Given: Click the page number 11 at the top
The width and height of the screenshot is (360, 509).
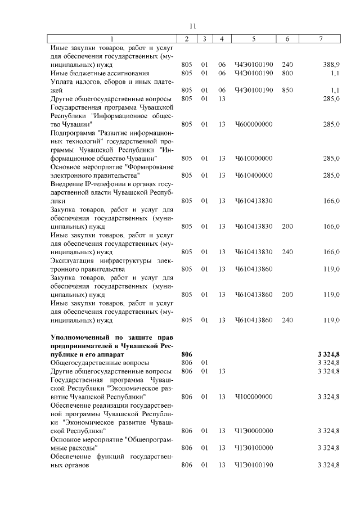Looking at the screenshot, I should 192,26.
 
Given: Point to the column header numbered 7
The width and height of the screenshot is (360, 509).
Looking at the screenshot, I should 321,39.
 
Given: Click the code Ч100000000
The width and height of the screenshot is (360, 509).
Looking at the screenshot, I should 254,397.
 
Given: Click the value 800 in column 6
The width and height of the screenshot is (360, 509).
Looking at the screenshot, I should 287,73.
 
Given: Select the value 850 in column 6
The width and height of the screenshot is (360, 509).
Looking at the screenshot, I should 287,90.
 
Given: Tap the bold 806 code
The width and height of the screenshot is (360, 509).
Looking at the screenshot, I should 187,354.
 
